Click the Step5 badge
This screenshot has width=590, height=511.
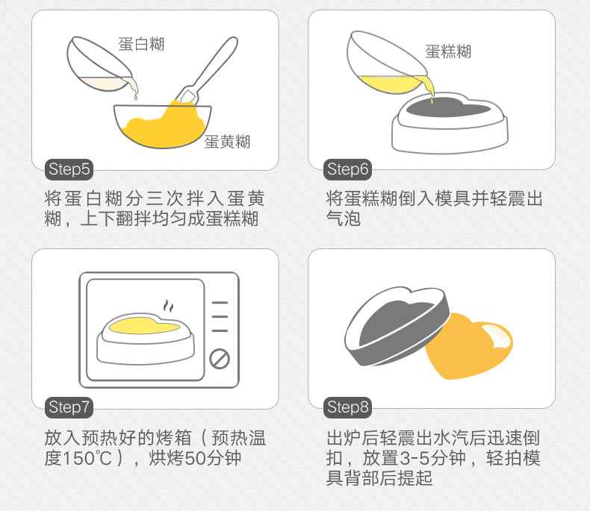tap(69, 169)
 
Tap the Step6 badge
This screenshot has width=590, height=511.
tap(348, 169)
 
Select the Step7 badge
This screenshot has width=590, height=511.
tap(69, 407)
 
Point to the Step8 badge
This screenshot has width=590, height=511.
tap(348, 407)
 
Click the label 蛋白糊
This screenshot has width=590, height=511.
tap(141, 44)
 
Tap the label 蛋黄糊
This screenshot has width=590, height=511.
tap(227, 142)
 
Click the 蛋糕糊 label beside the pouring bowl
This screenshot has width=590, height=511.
tap(448, 51)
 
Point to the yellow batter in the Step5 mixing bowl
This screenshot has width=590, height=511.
tap(164, 126)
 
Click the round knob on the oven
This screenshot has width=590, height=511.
tap(220, 359)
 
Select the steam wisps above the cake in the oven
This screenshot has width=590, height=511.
tap(169, 306)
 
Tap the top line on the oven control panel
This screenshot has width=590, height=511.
tap(220, 302)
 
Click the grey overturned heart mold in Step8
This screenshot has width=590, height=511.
tap(397, 326)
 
